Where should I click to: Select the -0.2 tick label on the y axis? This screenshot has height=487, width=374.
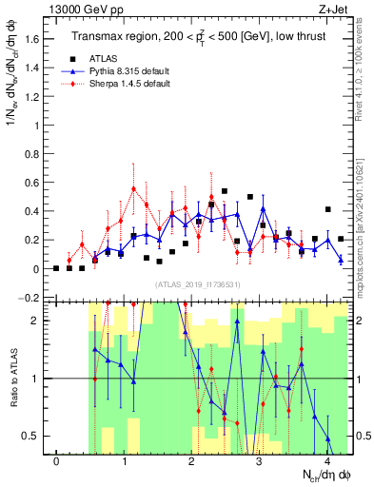[31, 298]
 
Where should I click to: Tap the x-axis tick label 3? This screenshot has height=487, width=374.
[260, 462]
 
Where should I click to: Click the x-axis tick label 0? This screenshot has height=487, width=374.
[57, 462]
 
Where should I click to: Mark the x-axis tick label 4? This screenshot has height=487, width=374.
[327, 462]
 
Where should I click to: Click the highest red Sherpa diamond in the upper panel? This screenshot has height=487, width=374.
[134, 189]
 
